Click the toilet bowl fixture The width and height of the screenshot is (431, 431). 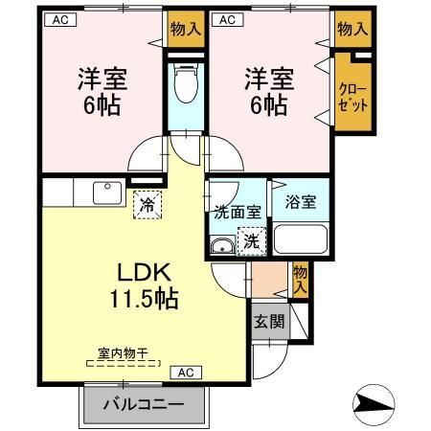(x=185, y=84)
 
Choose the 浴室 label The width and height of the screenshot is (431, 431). (x=301, y=202)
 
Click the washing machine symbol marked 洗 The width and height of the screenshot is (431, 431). (x=249, y=239)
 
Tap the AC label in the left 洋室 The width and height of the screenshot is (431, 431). (x=58, y=18)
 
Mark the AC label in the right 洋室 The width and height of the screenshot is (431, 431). (x=226, y=18)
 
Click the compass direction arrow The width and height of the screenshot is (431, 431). (x=376, y=402)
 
